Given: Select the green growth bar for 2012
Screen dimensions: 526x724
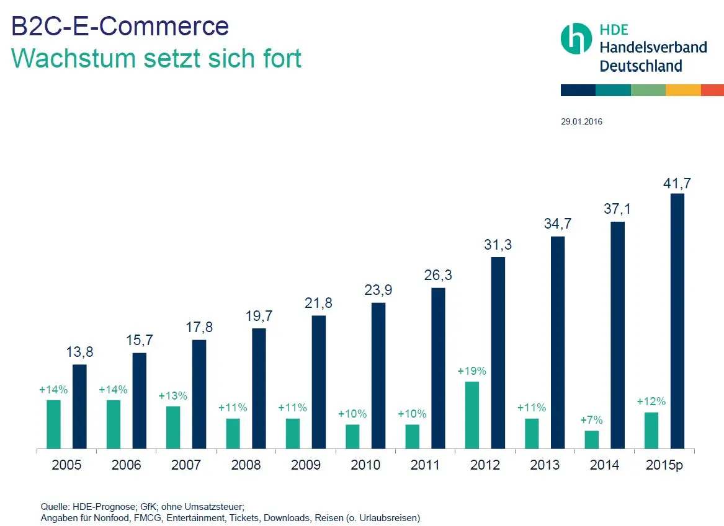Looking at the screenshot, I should coord(472,414).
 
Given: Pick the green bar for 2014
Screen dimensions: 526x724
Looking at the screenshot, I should coord(592,439).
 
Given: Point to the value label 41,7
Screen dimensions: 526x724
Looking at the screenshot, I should coord(677,183).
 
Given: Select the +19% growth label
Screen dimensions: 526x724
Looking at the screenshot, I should coord(472,371).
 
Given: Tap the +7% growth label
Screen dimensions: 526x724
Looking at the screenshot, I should coord(592,420).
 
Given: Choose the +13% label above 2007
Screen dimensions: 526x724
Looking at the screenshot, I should coord(173,396).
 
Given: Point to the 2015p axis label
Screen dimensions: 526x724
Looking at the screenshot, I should coord(664,465).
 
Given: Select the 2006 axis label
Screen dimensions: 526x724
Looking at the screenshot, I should coord(127,465).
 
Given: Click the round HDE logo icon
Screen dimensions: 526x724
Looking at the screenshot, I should coord(576,38).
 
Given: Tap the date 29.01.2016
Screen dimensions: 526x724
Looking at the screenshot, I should coord(581,122).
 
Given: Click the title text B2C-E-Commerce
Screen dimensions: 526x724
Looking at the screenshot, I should coord(120,27).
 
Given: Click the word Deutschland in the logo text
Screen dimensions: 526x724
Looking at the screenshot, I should coord(640,66).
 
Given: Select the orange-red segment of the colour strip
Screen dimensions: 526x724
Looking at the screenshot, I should coord(712,90).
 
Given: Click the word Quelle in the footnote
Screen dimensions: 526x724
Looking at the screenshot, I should coord(54,506).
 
